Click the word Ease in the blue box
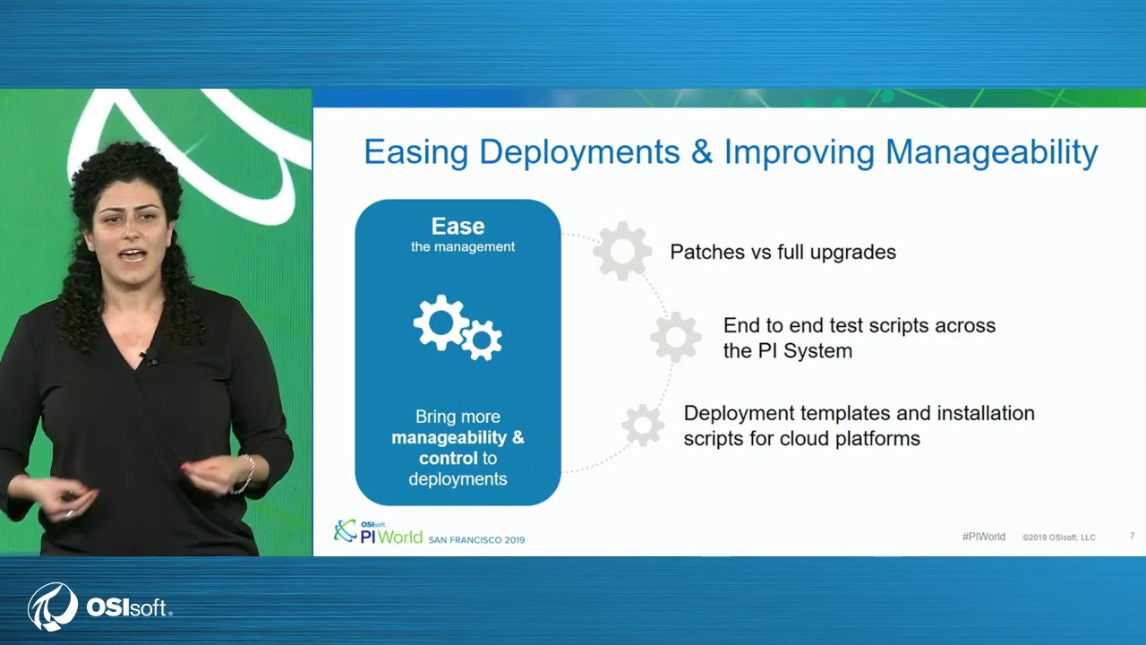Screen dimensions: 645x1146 pos(458,227)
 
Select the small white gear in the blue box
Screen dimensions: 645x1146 pos(482,340)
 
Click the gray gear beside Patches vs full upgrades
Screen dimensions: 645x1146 pos(622,251)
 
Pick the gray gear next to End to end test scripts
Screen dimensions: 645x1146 pos(676,338)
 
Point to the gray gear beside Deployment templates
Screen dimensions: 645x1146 pos(643,426)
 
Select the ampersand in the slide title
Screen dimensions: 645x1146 pos(702,152)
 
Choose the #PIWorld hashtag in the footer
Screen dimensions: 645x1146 pos(983,537)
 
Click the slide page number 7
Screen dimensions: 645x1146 pos(1132,537)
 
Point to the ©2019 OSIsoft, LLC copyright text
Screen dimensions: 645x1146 pos(1058,537)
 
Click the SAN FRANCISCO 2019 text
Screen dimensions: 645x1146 pos(476,540)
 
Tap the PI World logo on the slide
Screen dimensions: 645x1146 pos(378,532)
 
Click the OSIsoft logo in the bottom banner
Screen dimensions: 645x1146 pos(99,606)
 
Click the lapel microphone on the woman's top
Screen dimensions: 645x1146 pos(149,357)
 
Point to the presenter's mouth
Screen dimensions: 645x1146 pos(132,255)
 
